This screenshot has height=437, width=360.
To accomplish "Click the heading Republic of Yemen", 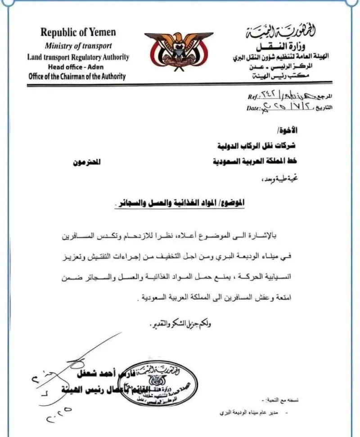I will [78, 32].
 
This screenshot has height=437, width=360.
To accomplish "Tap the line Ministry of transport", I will [78, 45].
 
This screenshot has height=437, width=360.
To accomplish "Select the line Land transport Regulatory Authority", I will [78, 57].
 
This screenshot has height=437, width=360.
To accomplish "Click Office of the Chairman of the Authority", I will [77, 76].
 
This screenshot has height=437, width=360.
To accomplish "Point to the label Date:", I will [254, 108].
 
